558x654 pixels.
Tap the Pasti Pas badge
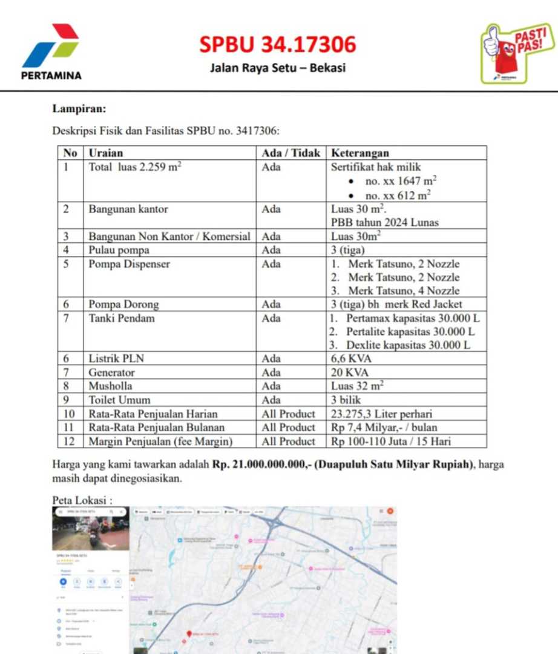pyautogui.click(x=517, y=53)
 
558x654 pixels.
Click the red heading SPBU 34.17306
pyautogui.click(x=278, y=44)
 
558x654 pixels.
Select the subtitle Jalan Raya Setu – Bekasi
pyautogui.click(x=278, y=68)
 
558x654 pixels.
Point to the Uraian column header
pyautogui.click(x=106, y=153)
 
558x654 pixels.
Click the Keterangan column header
pyautogui.click(x=360, y=153)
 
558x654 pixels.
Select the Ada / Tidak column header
pyautogui.click(x=290, y=153)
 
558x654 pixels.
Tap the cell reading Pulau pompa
pyautogui.click(x=119, y=250)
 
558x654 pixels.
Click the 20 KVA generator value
pyautogui.click(x=349, y=372)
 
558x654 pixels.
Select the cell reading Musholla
pyautogui.click(x=111, y=386)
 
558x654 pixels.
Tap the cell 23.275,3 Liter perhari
pyautogui.click(x=382, y=414)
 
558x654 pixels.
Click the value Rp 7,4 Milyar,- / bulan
pyautogui.click(x=384, y=428)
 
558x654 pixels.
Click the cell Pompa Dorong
pyautogui.click(x=123, y=305)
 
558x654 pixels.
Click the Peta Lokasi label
pyautogui.click(x=82, y=501)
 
